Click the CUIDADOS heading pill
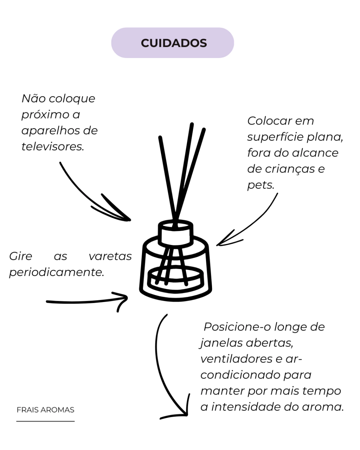[173, 43]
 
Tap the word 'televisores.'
[53, 146]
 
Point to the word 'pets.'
[261, 185]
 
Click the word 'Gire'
[21, 256]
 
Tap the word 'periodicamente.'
[57, 272]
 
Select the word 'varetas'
[110, 256]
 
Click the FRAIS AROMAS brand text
[45, 410]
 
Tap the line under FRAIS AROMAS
[45, 421]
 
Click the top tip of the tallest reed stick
[192, 124]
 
